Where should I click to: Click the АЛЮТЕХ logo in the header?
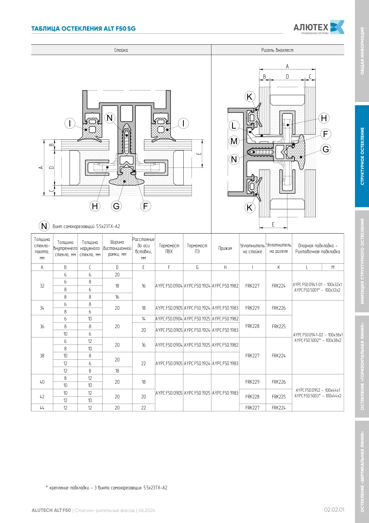[319, 27]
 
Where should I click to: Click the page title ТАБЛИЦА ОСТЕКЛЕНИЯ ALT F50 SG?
[83, 29]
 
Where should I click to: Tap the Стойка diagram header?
[121, 50]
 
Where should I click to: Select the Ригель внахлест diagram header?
[277, 50]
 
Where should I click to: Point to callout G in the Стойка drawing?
[116, 206]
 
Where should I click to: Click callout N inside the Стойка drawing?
[110, 118]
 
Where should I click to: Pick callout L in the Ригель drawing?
[234, 126]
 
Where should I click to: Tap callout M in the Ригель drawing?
[234, 141]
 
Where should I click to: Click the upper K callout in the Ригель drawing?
[249, 97]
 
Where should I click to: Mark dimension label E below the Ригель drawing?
[273, 224]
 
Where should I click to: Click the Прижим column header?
[225, 248]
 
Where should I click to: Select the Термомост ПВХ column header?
[169, 248]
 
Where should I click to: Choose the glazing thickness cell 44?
[42, 408]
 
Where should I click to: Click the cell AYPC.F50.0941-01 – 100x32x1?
[317, 284]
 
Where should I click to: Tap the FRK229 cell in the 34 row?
[252, 308]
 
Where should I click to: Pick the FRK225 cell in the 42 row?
[279, 397]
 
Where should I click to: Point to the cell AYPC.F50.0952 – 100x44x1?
[318, 390]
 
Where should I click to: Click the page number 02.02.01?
[334, 510]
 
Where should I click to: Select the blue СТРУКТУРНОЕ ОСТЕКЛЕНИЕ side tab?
[362, 156]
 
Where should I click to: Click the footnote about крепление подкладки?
[107, 488]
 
